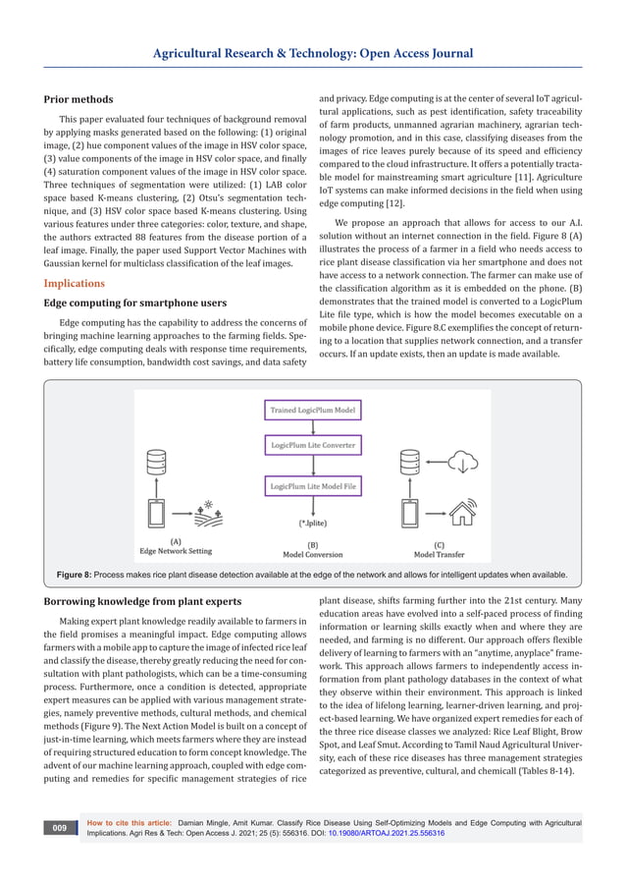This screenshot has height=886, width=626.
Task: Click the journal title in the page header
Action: point(313,53)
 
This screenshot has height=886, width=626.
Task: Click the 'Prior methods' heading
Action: point(78,99)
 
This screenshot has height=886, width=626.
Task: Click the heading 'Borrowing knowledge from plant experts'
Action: point(143,599)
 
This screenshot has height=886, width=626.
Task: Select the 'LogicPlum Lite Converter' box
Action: point(313,446)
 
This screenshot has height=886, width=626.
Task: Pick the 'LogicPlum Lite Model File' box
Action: point(313,484)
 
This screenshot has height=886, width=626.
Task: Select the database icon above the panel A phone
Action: point(155,464)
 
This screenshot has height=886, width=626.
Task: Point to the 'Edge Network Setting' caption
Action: point(176,552)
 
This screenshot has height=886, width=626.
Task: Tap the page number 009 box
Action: point(60,829)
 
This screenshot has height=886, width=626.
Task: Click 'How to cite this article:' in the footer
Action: point(131,822)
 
